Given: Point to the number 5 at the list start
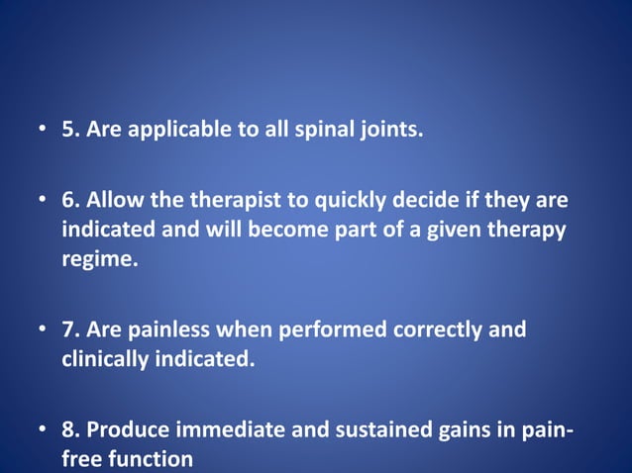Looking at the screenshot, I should pyautogui.click(x=68, y=130).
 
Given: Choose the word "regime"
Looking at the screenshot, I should pyautogui.click(x=95, y=259).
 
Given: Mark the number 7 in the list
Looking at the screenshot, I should pyautogui.click(x=68, y=331).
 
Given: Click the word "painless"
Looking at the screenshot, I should pyautogui.click(x=170, y=331).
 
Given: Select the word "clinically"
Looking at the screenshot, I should pyautogui.click(x=104, y=359).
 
